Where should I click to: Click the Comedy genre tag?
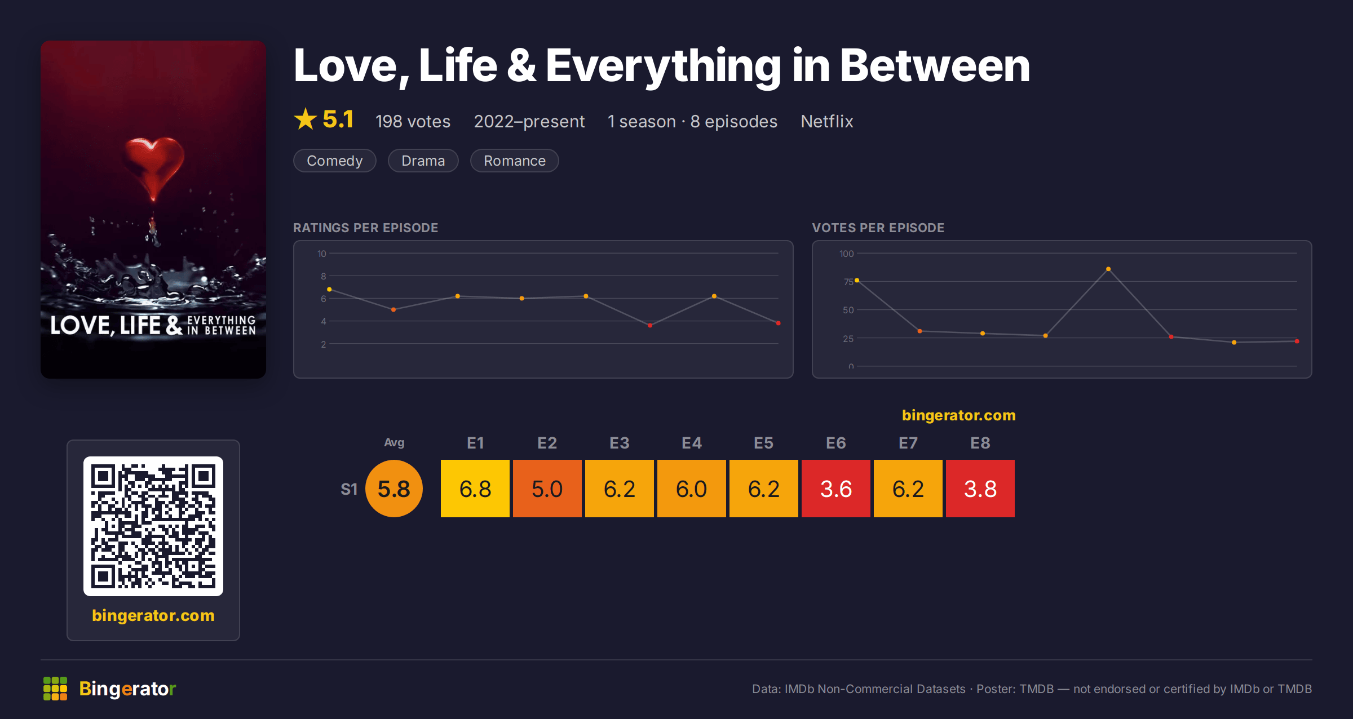click(335, 161)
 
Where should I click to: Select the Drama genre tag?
click(423, 161)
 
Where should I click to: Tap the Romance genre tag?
click(515, 161)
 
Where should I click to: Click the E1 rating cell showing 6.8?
click(475, 489)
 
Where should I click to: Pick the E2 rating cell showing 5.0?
click(547, 489)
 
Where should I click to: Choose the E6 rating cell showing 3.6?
click(836, 489)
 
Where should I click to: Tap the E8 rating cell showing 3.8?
click(980, 489)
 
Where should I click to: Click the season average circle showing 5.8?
click(394, 489)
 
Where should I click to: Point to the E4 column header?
click(692, 443)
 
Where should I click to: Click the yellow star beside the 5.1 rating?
click(306, 119)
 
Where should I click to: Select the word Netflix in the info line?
click(827, 121)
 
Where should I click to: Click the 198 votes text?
click(413, 121)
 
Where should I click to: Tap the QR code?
click(153, 526)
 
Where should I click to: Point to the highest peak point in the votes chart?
click(1108, 269)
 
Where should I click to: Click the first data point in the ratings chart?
click(329, 289)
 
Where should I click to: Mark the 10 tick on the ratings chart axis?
click(322, 254)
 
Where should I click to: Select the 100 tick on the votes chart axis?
click(847, 254)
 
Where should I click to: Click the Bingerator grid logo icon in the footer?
click(55, 689)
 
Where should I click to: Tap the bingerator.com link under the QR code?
click(153, 615)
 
